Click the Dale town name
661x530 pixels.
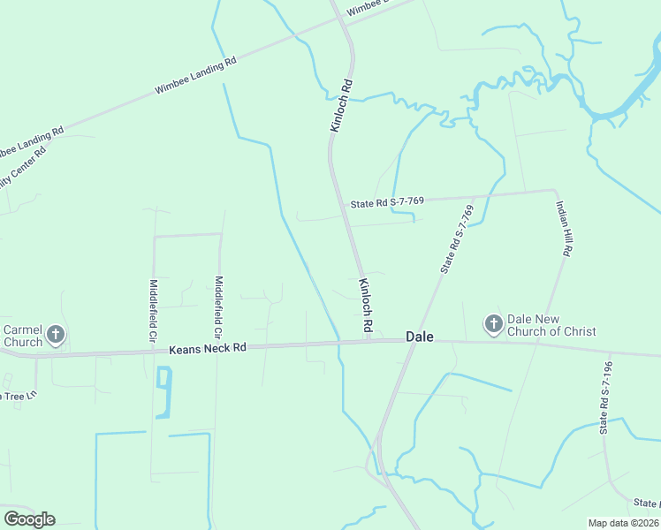pyautogui.click(x=420, y=337)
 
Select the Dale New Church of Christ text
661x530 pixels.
pyautogui.click(x=551, y=325)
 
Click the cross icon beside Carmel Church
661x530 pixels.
pyautogui.click(x=56, y=334)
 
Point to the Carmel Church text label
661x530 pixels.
pyautogui.click(x=23, y=336)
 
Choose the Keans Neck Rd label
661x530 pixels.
pyautogui.click(x=208, y=349)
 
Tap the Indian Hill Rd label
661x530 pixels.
pyautogui.click(x=563, y=228)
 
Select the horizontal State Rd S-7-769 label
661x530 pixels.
pyautogui.click(x=387, y=202)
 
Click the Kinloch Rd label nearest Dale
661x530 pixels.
pyautogui.click(x=364, y=306)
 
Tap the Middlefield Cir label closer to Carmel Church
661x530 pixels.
pyautogui.click(x=153, y=312)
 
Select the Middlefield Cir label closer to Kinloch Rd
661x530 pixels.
pyautogui.click(x=217, y=310)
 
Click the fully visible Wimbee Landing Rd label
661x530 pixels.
pyautogui.click(x=196, y=75)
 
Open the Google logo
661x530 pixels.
pyautogui.click(x=29, y=519)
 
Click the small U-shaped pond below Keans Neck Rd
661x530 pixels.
pyautogui.click(x=163, y=392)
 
